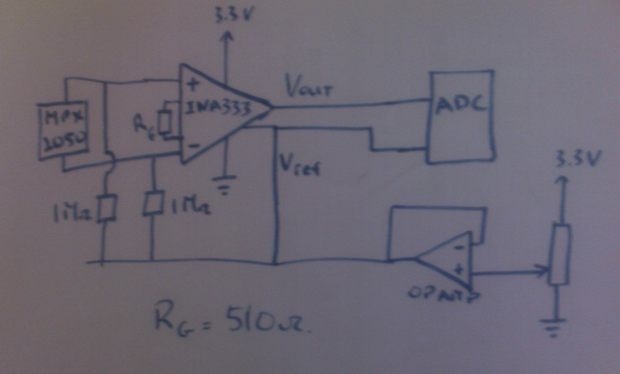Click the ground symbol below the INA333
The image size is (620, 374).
pyautogui.click(x=224, y=185)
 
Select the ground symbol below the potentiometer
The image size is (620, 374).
pyautogui.click(x=553, y=327)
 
